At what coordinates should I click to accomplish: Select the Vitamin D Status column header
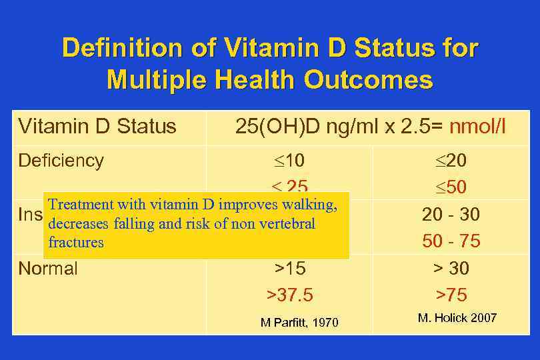click(97, 126)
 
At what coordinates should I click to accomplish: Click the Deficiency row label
click(61, 161)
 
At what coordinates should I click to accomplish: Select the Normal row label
click(48, 269)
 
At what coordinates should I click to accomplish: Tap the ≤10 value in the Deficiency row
click(289, 161)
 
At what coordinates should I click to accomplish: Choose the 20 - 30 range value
click(451, 215)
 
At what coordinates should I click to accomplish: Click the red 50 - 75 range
click(451, 241)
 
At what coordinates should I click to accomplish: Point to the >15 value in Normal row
click(289, 269)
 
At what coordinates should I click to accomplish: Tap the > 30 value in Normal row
click(451, 269)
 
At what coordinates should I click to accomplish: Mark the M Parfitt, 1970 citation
click(299, 323)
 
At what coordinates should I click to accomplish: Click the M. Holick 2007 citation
click(457, 318)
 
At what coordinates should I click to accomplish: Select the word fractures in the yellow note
click(76, 243)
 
